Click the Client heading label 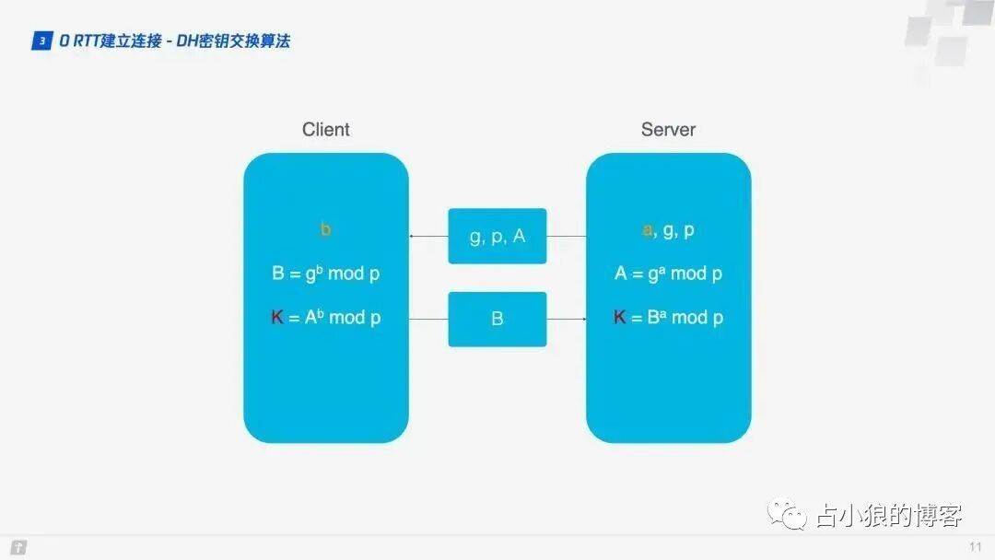point(326,130)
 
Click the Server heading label point(668,130)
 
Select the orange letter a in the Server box point(647,230)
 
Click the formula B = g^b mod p point(325,274)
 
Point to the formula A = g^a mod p point(668,274)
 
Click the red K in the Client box point(277,318)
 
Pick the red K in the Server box point(620,318)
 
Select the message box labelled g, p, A point(497,237)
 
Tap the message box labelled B point(497,320)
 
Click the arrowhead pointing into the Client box point(412,237)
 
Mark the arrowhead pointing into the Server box point(583,320)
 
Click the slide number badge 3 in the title point(41,41)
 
